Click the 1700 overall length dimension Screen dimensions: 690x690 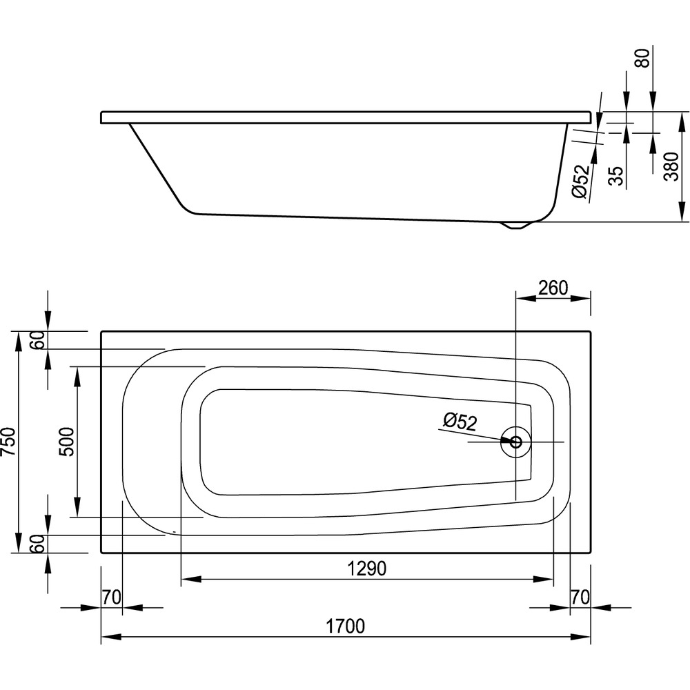[346, 626]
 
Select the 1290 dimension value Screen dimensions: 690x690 [367, 569]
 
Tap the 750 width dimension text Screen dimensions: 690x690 [9, 442]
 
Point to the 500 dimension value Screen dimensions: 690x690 [66, 442]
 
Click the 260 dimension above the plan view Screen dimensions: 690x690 [553, 288]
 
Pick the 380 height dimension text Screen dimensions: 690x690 [671, 166]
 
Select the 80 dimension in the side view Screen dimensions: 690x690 [643, 58]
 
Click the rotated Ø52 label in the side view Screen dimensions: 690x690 [580, 181]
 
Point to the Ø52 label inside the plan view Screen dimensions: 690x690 [460, 421]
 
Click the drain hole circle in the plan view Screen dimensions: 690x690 [515, 442]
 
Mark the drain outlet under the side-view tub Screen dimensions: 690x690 [515, 226]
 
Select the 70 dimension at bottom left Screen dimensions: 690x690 [111, 597]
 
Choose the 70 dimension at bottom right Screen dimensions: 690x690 [580, 597]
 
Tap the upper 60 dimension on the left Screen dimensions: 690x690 [39, 339]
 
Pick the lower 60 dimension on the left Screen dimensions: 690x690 [39, 544]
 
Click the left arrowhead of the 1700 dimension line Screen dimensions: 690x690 [111, 637]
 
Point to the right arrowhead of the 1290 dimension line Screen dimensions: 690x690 [543, 579]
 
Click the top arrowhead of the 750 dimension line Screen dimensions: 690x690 [18, 342]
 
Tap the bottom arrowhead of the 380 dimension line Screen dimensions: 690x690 [682, 212]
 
